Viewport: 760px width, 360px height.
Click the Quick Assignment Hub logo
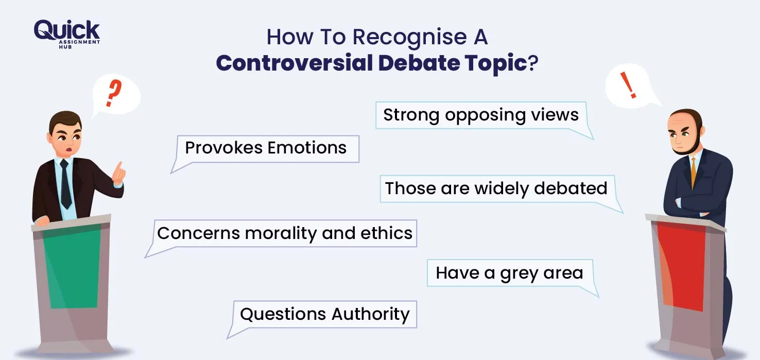pyautogui.click(x=66, y=33)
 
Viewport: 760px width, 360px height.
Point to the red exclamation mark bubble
pyautogui.click(x=629, y=85)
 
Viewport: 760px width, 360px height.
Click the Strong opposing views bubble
pyautogui.click(x=481, y=115)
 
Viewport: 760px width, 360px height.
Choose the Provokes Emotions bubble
pyautogui.click(x=266, y=148)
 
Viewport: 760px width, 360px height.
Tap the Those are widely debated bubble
pyautogui.click(x=496, y=188)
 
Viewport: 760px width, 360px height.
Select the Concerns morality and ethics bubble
pyautogui.click(x=285, y=233)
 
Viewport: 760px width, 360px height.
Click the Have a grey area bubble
pyautogui.click(x=509, y=273)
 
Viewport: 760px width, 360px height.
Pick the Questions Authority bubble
pyautogui.click(x=325, y=314)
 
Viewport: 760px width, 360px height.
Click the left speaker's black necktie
pyautogui.click(x=65, y=183)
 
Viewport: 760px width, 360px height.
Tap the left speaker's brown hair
pyautogui.click(x=64, y=120)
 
